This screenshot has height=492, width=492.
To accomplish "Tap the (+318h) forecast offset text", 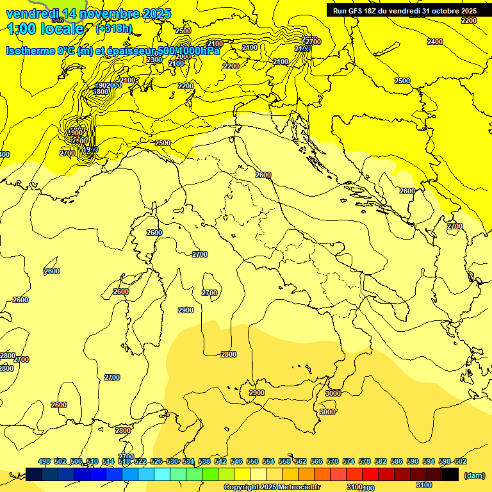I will pyautogui.click(x=113, y=28).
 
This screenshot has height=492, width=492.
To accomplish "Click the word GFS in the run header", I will pyautogui.click(x=356, y=11).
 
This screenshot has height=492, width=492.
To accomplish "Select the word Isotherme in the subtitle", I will pyautogui.click(x=30, y=51).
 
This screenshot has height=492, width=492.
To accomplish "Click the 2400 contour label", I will pyautogui.click(x=434, y=42).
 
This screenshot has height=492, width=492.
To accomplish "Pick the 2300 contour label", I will pyautogui.click(x=154, y=60).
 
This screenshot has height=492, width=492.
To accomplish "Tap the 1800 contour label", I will pyautogui.click(x=101, y=92).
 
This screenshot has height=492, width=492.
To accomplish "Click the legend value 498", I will pyautogui.click(x=44, y=461).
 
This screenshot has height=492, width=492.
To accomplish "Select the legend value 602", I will pyautogui.click(x=460, y=461).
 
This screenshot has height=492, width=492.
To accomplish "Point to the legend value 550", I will pyautogui.click(x=252, y=461).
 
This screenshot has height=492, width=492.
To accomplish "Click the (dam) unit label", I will pyautogui.click(x=475, y=475).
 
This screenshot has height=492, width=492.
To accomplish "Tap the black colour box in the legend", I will pyautogui.click(x=450, y=474).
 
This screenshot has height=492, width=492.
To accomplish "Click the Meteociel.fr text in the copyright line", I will pyautogui.click(x=299, y=487).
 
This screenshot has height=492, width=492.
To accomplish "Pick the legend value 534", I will pyautogui.click(x=188, y=461).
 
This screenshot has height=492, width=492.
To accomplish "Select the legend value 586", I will pyautogui.click(x=397, y=461).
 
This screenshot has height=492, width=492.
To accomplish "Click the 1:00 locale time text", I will pyautogui.click(x=45, y=29).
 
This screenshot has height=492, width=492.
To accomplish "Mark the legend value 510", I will pyautogui.click(x=92, y=461).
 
